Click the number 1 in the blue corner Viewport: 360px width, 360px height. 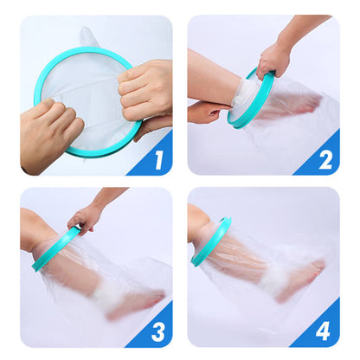pyautogui.click(x=157, y=159)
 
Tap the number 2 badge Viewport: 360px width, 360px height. pyautogui.click(x=325, y=159)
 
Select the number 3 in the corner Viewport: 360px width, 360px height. pyautogui.click(x=157, y=330)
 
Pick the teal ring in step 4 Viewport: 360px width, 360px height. pyautogui.click(x=211, y=241)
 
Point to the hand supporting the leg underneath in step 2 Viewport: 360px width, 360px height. pyautogui.click(x=208, y=112)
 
